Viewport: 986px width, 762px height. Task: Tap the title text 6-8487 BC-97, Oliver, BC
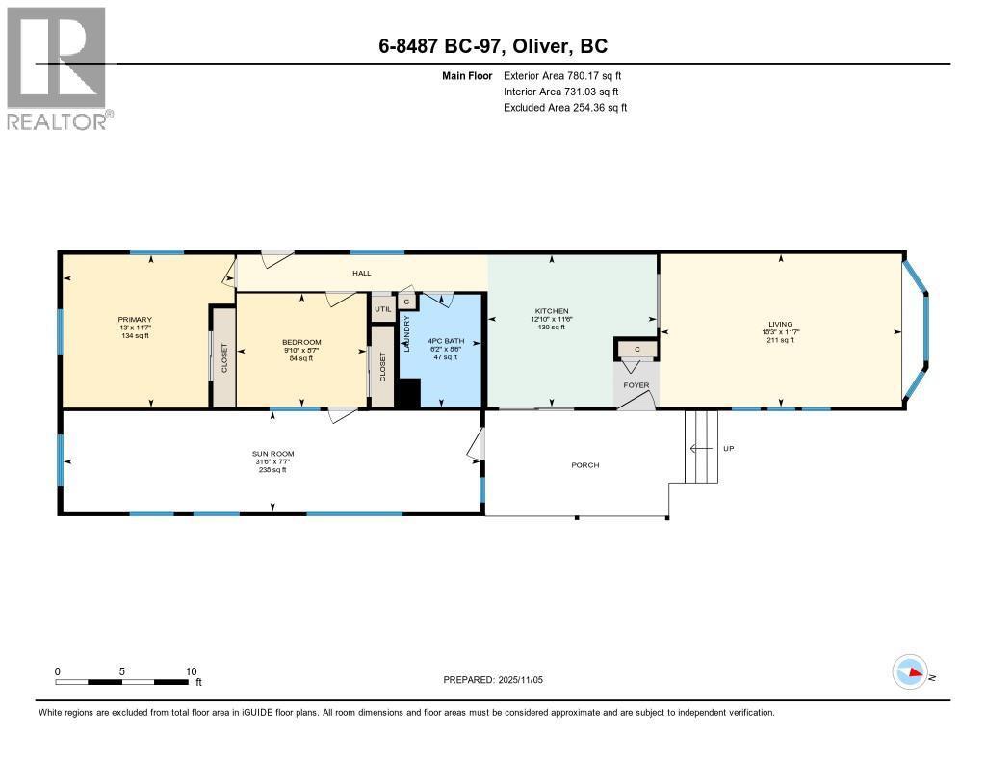click(x=492, y=46)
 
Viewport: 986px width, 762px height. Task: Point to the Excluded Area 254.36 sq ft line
click(x=565, y=108)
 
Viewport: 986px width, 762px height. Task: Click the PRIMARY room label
click(x=135, y=320)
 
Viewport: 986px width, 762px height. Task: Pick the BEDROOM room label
click(x=301, y=343)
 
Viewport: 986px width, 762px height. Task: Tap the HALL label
click(x=361, y=274)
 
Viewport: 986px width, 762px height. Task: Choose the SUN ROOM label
click(x=273, y=454)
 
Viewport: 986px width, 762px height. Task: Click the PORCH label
click(x=584, y=465)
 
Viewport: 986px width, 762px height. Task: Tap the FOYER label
click(x=636, y=385)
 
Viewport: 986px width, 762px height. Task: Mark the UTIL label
click(x=382, y=308)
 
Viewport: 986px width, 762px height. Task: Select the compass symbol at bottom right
click(x=910, y=672)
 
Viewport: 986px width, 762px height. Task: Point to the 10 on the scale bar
click(x=191, y=671)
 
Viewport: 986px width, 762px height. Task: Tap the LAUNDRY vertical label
click(x=407, y=334)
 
